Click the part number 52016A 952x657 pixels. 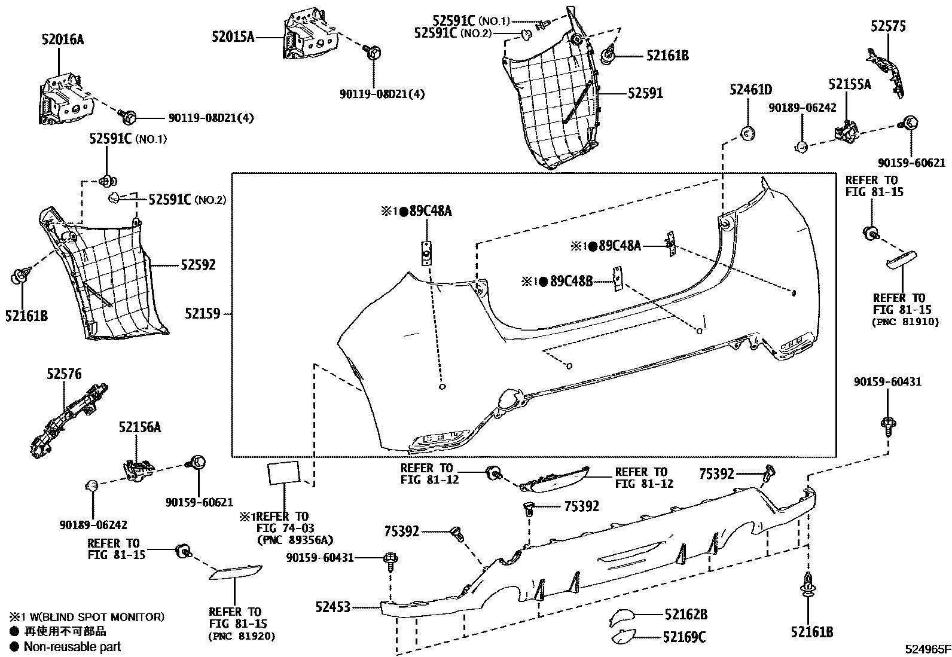coord(62,40)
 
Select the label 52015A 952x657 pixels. coord(233,37)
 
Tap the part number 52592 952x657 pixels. coord(198,264)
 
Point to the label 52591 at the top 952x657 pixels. coord(645,94)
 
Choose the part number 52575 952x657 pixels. coord(888,26)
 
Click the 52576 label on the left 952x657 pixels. coord(64,374)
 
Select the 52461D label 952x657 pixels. coord(750,90)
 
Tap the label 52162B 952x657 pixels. coord(686,614)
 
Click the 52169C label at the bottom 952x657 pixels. coord(684,637)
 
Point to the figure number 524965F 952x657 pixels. coord(927,649)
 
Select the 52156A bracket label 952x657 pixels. coord(139,427)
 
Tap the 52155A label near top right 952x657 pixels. coord(850,84)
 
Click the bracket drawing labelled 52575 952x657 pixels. coord(888,72)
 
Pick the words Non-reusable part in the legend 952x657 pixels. coord(72,646)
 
